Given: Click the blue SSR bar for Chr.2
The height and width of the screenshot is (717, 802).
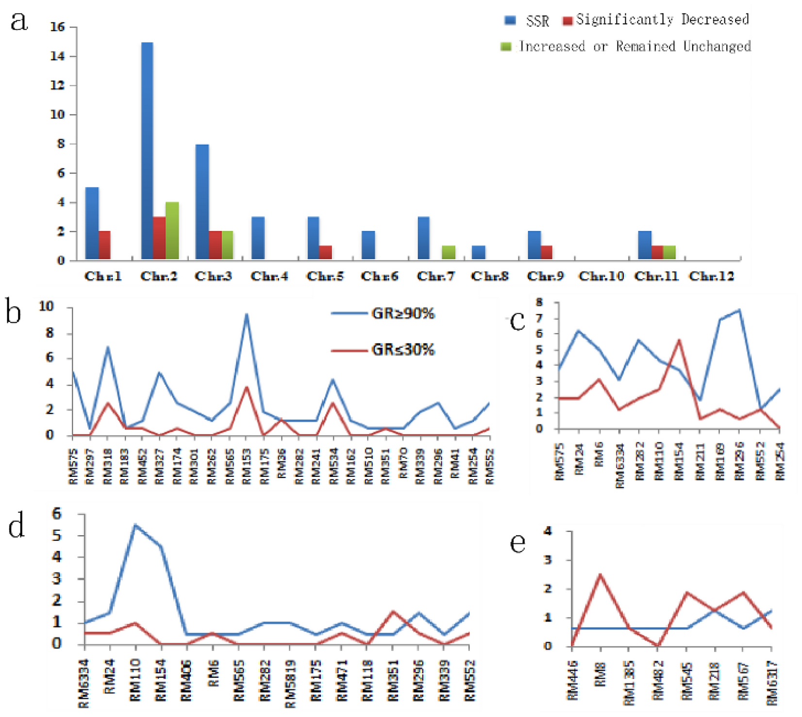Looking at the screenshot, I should (147, 150).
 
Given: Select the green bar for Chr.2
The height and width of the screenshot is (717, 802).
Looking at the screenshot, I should (172, 230).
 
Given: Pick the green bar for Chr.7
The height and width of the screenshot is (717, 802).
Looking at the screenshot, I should (449, 252).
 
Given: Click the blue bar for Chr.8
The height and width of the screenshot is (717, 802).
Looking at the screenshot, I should (478, 252).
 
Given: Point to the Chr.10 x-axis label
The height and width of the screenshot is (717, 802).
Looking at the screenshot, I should (601, 277).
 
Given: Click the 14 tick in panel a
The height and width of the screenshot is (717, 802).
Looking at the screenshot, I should (57, 56).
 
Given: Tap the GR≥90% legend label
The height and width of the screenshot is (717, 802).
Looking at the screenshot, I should (403, 314).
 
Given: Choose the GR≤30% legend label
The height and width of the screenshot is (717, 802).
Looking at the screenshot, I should (403, 349).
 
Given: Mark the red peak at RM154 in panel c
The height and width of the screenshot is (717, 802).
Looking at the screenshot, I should (679, 340).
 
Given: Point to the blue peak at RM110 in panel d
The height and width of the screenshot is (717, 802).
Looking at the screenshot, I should (135, 525).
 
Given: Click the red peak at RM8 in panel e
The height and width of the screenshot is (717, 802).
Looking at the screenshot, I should (601, 575).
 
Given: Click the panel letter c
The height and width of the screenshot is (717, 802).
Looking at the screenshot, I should (518, 321).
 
